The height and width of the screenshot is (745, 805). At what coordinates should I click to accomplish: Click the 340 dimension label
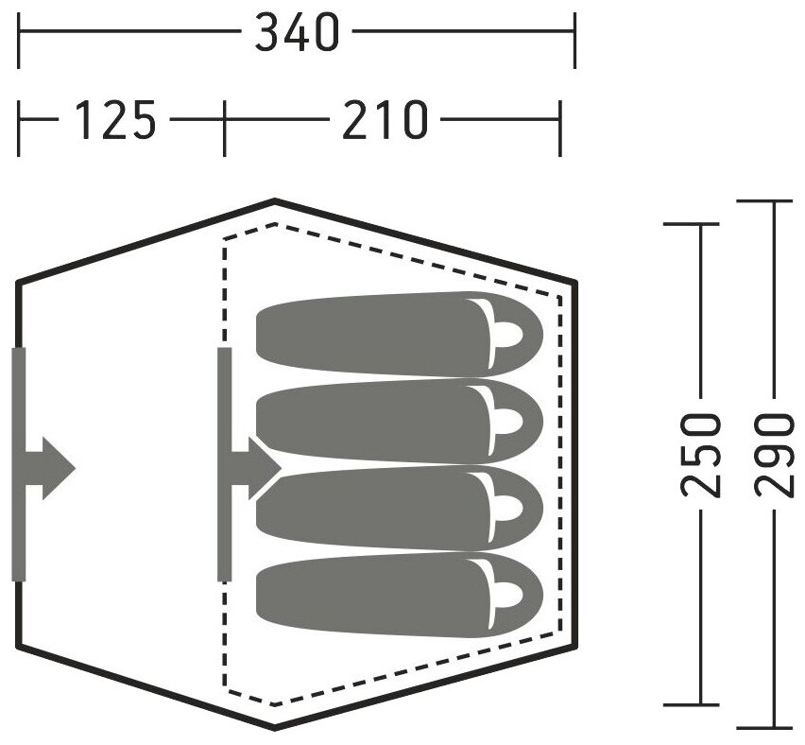click(297, 34)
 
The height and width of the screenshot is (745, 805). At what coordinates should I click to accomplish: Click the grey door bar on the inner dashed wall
click(225, 463)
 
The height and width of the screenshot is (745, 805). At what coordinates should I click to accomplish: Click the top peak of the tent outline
click(274, 201)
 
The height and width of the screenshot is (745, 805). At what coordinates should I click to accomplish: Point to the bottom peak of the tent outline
click(274, 727)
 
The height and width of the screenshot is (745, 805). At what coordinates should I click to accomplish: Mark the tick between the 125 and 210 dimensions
click(224, 122)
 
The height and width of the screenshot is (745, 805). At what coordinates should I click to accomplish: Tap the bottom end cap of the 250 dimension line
click(700, 703)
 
